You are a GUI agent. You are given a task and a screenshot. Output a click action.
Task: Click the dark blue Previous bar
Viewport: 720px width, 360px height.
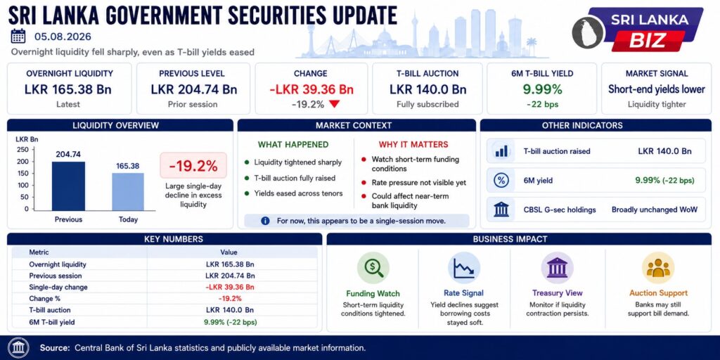68,186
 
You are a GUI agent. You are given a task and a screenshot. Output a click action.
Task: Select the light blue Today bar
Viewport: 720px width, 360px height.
128,191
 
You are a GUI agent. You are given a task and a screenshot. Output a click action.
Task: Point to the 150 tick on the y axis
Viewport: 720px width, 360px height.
22,173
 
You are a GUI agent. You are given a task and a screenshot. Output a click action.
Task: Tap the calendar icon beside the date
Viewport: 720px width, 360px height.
18,37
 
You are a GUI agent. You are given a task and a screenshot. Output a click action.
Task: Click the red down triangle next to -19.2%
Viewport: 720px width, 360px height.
334,104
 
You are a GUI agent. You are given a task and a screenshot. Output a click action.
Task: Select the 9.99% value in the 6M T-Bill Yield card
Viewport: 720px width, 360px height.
542,89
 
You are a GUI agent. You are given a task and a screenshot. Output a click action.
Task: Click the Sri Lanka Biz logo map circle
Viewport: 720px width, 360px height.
588,31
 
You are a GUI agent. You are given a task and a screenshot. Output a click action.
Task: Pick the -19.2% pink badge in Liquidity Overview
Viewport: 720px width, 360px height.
193,165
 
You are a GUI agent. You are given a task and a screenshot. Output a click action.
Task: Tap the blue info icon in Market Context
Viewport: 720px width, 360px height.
265,221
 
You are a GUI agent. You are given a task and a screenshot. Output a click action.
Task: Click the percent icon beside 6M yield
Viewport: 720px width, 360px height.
501,181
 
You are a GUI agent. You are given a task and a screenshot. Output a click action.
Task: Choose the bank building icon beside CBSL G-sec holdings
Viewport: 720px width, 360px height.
501,210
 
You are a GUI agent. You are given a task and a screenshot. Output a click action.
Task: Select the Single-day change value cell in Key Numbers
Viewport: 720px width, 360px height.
230,287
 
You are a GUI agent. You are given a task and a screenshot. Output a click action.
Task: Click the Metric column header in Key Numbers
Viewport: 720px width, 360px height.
39,252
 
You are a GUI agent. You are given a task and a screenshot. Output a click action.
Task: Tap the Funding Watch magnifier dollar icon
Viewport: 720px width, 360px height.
373,268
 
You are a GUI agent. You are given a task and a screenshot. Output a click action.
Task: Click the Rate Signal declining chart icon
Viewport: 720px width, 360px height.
464,268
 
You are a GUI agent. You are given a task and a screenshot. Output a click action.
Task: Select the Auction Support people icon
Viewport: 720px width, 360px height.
658,268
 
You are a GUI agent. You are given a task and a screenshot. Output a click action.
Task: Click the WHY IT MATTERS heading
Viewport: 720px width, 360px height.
413,145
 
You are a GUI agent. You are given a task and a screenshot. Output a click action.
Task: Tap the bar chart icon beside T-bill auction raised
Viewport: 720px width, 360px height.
501,151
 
